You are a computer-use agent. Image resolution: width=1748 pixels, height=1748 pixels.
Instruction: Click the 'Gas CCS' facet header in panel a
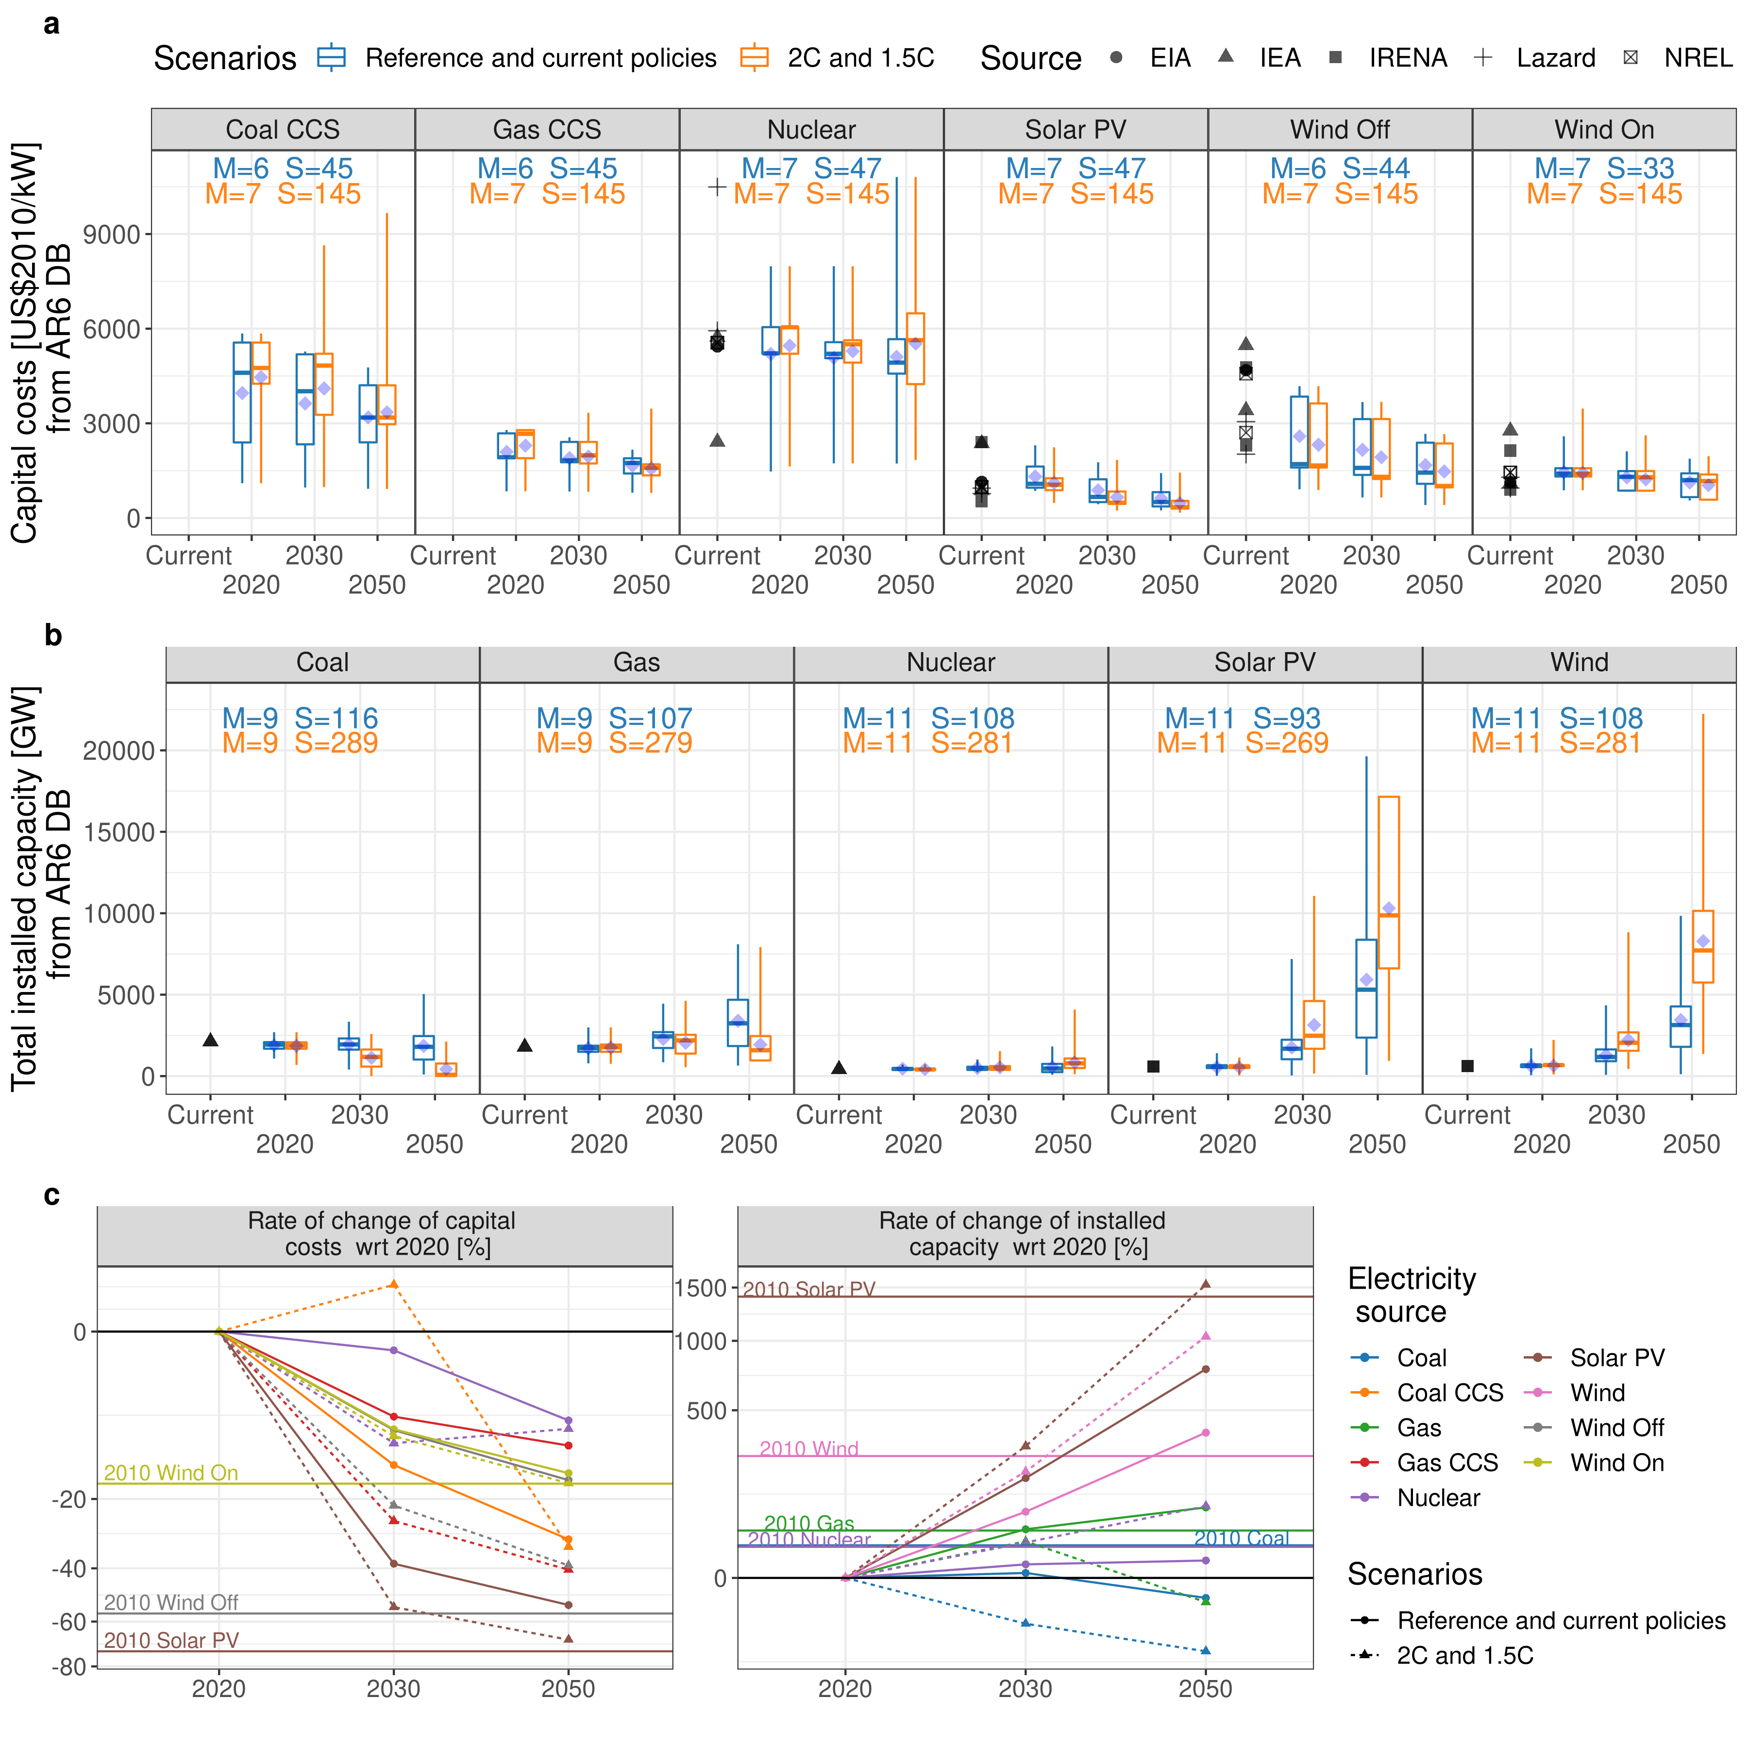point(546,129)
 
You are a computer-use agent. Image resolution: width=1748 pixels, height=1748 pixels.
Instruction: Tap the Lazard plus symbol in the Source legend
point(1482,58)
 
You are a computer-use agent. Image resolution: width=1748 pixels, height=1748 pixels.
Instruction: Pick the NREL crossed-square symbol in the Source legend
point(1630,58)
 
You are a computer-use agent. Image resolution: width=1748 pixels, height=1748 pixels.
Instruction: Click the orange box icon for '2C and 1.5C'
point(754,58)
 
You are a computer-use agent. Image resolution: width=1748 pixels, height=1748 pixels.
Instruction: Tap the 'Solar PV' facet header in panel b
point(1264,662)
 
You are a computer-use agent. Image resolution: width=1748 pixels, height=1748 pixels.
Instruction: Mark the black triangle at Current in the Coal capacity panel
point(211,1040)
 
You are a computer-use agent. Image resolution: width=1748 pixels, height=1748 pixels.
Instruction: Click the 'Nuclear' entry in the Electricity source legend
point(1438,1497)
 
